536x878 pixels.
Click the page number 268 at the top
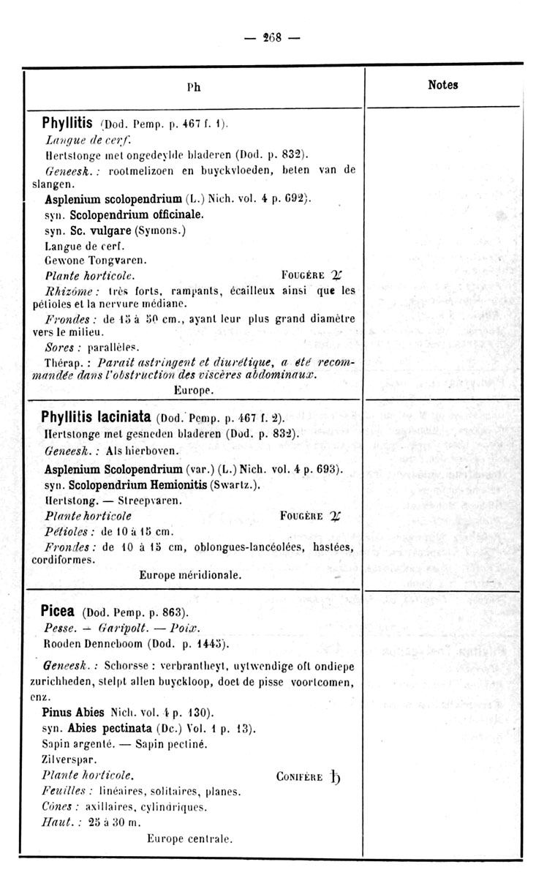(x=267, y=37)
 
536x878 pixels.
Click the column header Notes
(x=442, y=85)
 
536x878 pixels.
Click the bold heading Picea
(x=60, y=610)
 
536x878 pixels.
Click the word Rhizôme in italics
(x=67, y=290)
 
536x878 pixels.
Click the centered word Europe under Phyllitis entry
(x=194, y=391)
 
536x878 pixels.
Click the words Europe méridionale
(x=190, y=575)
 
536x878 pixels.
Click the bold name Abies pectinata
(x=111, y=728)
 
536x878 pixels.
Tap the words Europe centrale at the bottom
(x=189, y=838)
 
